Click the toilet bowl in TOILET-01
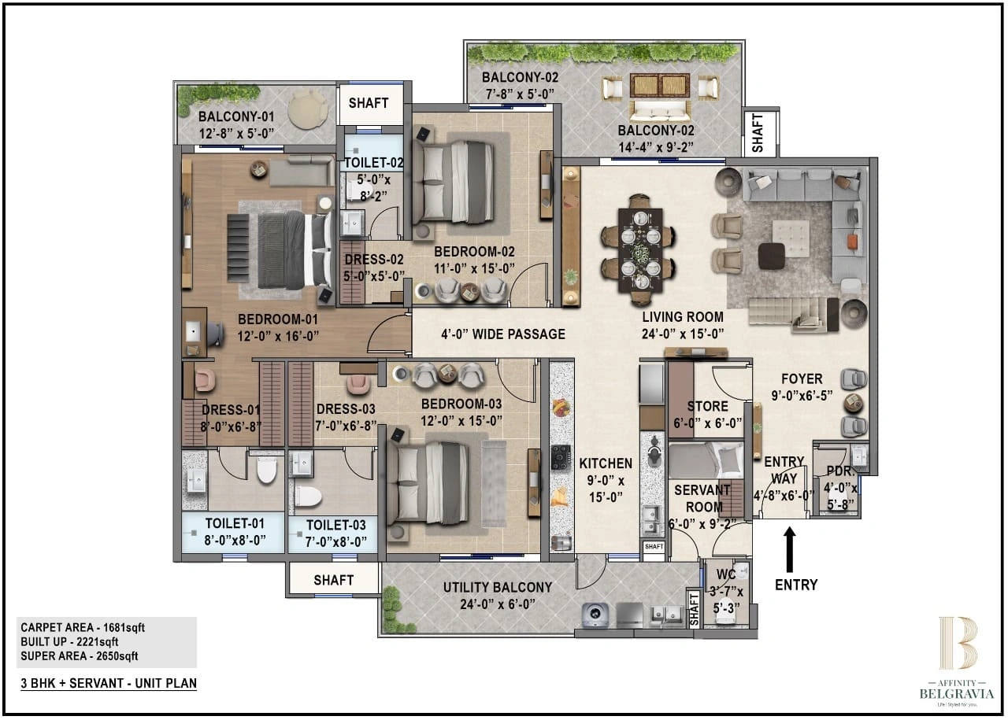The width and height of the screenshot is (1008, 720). [266, 470]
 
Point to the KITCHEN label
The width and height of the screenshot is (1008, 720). [605, 463]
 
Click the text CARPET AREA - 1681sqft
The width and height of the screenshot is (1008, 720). [83, 627]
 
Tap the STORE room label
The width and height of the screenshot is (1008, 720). [707, 406]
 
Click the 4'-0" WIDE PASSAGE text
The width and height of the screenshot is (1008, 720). [502, 334]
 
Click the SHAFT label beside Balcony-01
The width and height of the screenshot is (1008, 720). [369, 102]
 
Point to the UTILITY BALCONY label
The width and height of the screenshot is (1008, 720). [497, 587]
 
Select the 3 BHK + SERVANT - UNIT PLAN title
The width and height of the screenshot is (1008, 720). [109, 683]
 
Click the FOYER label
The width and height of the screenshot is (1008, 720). [802, 379]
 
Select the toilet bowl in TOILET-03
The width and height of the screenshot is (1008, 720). [308, 497]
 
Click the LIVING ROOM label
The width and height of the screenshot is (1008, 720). [682, 317]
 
